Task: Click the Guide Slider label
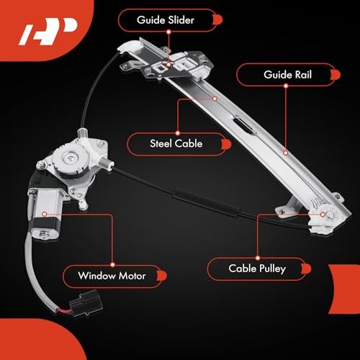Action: click(166, 19)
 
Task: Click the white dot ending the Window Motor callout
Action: click(44, 215)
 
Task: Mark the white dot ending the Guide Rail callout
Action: click(285, 152)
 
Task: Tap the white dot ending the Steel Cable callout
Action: click(215, 97)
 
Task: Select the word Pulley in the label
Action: click(271, 269)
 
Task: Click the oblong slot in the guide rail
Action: click(243, 128)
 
